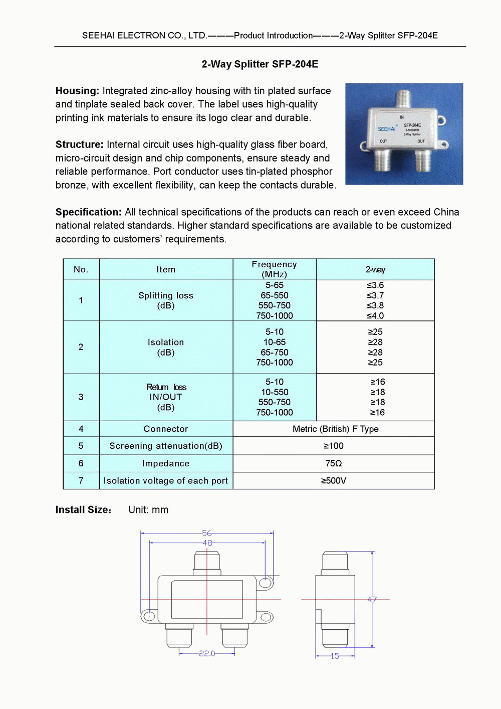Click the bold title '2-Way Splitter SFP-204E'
pyautogui.click(x=260, y=64)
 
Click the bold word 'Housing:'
pyautogui.click(x=77, y=91)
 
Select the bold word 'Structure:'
pyautogui.click(x=79, y=144)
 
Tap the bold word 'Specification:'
pyautogui.click(x=88, y=212)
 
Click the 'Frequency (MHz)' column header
pyautogui.click(x=274, y=269)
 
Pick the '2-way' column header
pyautogui.click(x=375, y=269)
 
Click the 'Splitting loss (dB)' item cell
pyautogui.click(x=166, y=300)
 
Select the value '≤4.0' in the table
pyautogui.click(x=375, y=316)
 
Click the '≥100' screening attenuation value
pyautogui.click(x=334, y=446)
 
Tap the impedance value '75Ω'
pyautogui.click(x=334, y=463)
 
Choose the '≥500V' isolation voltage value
pyautogui.click(x=334, y=480)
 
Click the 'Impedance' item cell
pyautogui.click(x=166, y=463)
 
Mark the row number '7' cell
pyautogui.click(x=81, y=480)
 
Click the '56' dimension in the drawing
pyautogui.click(x=207, y=533)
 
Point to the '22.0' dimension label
pyautogui.click(x=207, y=653)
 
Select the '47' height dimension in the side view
pyautogui.click(x=372, y=600)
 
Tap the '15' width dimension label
pyautogui.click(x=335, y=656)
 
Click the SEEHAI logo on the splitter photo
pyautogui.click(x=386, y=129)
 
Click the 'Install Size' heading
pyautogui.click(x=83, y=510)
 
